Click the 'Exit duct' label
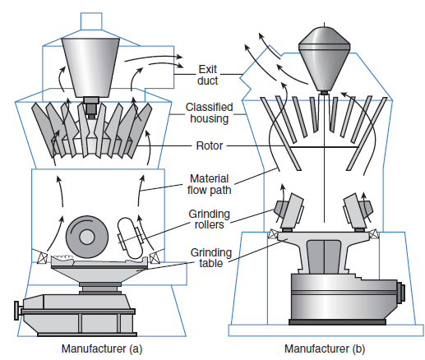(207, 75)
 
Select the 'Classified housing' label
(209, 113)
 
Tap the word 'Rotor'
(210, 145)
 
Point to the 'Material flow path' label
(209, 184)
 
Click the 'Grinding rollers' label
(209, 219)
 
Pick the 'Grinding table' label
(211, 257)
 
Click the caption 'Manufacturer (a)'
(102, 348)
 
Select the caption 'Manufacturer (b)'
(325, 348)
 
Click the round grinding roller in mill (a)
(87, 237)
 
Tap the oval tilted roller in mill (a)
(130, 238)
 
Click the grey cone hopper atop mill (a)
(90, 67)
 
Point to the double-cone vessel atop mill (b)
(324, 59)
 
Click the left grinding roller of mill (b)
(290, 211)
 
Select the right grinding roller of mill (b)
(358, 211)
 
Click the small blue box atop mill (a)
(91, 21)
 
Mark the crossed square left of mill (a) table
(43, 258)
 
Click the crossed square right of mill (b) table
(373, 233)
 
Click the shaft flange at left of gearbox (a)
(18, 311)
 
